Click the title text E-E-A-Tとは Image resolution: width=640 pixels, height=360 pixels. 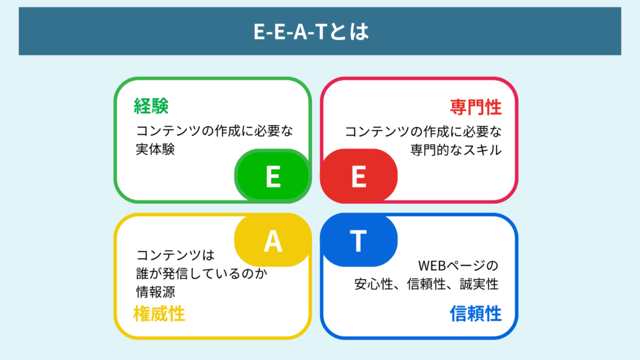pos(311,32)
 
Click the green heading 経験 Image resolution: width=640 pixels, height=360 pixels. pos(151,107)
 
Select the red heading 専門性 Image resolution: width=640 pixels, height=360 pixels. pos(476,107)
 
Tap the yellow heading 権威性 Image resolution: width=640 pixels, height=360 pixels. pos(159,313)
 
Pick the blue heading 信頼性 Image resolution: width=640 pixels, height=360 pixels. pos(476,313)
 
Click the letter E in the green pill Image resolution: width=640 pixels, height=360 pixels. pos(272,177)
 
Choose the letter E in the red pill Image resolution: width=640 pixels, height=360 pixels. pos(358,177)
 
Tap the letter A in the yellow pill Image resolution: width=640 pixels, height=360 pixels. pos(272,241)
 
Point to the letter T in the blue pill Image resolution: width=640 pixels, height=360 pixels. pos(358,241)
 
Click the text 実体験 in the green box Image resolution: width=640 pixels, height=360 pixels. pos(154,150)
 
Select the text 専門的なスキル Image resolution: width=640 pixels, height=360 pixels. pos(456,150)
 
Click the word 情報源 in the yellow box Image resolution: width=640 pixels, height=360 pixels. pos(154,291)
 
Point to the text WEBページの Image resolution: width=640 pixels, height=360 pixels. pos(459,266)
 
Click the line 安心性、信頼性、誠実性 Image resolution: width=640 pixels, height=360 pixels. pos(426,284)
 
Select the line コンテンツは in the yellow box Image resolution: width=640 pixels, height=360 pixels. pos(176,255)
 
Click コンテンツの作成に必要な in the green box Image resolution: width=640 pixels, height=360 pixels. pos(214,132)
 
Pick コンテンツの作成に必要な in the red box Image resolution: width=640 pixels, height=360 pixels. pos(423,132)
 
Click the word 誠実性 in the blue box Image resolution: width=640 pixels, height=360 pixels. pos(482,284)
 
